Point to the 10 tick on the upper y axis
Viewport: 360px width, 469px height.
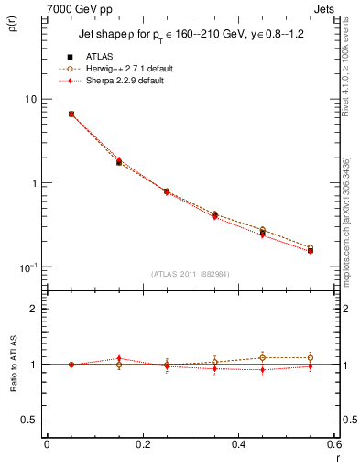(x=31, y=99)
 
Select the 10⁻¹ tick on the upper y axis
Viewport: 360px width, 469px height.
(x=28, y=267)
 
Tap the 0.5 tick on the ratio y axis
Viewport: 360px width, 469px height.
(x=30, y=420)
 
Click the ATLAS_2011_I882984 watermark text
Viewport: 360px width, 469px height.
(x=191, y=273)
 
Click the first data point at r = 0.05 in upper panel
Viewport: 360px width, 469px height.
(x=71, y=115)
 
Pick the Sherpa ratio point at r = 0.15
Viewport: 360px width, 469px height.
(x=119, y=358)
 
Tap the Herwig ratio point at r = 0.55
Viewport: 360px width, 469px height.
(x=311, y=357)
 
